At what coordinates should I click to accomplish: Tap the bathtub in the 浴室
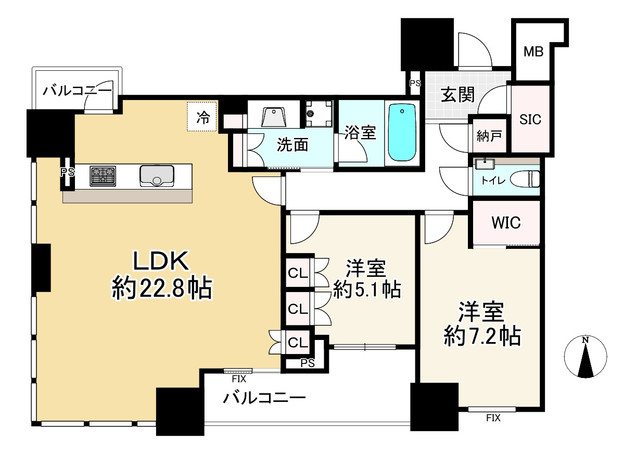(x=402, y=133)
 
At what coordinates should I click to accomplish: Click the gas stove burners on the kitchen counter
(x=103, y=175)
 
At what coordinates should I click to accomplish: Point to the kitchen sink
(x=157, y=175)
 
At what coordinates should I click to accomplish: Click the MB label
(x=533, y=52)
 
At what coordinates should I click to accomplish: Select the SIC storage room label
(x=531, y=119)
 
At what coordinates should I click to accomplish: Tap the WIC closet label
(x=506, y=223)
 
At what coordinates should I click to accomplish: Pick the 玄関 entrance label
(x=458, y=95)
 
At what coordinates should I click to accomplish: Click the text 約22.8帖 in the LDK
(x=161, y=288)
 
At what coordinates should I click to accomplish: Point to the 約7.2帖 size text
(x=482, y=337)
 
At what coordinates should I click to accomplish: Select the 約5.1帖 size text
(x=366, y=289)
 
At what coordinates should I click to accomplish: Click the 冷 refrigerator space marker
(x=202, y=117)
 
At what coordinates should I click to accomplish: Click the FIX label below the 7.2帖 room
(x=493, y=418)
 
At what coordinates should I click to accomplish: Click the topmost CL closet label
(x=298, y=272)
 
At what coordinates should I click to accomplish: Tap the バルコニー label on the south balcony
(x=264, y=399)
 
